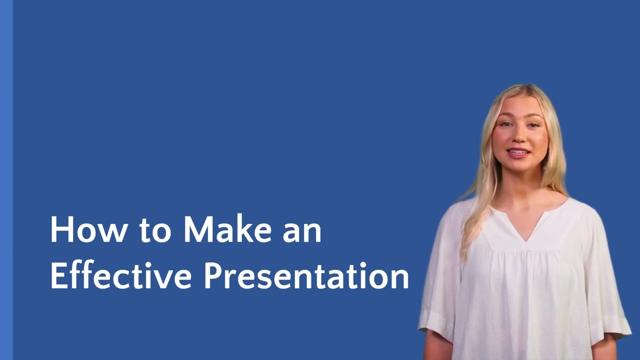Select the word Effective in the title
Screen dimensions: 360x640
[x=120, y=275]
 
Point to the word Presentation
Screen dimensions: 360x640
[x=306, y=276]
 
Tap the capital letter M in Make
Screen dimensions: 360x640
[x=196, y=229]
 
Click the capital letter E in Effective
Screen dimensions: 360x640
[x=58, y=275]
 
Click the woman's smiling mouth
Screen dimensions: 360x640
[x=518, y=152]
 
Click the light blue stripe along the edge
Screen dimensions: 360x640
[x=6, y=180]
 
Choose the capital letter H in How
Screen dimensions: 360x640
[x=59, y=229]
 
